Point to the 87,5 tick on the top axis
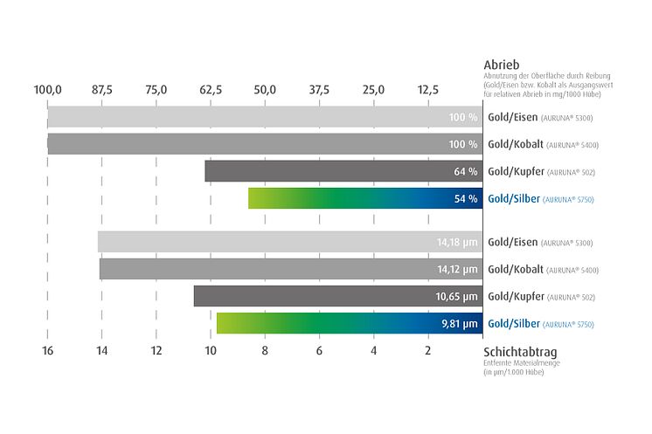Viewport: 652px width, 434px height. [x=101, y=89]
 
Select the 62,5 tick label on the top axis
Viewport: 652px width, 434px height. [x=211, y=89]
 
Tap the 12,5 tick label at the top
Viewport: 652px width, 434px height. [x=428, y=89]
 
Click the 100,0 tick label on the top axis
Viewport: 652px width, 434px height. [x=47, y=89]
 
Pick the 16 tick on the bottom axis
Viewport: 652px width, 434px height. [x=47, y=350]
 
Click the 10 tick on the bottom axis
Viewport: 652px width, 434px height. [x=211, y=350]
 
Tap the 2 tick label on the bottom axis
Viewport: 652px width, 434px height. [x=428, y=350]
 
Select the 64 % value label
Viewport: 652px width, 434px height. [x=465, y=171]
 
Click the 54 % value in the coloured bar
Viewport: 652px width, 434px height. [x=465, y=198]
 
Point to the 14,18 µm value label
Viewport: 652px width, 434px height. [x=457, y=242]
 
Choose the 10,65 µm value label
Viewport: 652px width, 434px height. [x=457, y=296]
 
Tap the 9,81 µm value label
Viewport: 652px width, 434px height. [x=460, y=324]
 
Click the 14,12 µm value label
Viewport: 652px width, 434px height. [x=457, y=269]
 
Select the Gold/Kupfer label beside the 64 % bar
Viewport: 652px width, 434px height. [x=512, y=171]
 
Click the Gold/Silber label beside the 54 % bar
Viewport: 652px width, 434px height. [x=513, y=199]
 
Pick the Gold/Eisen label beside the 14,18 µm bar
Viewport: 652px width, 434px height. [x=511, y=242]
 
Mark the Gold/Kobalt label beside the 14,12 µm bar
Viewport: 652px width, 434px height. [x=514, y=269]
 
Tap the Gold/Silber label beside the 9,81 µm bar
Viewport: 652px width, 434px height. [x=513, y=324]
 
